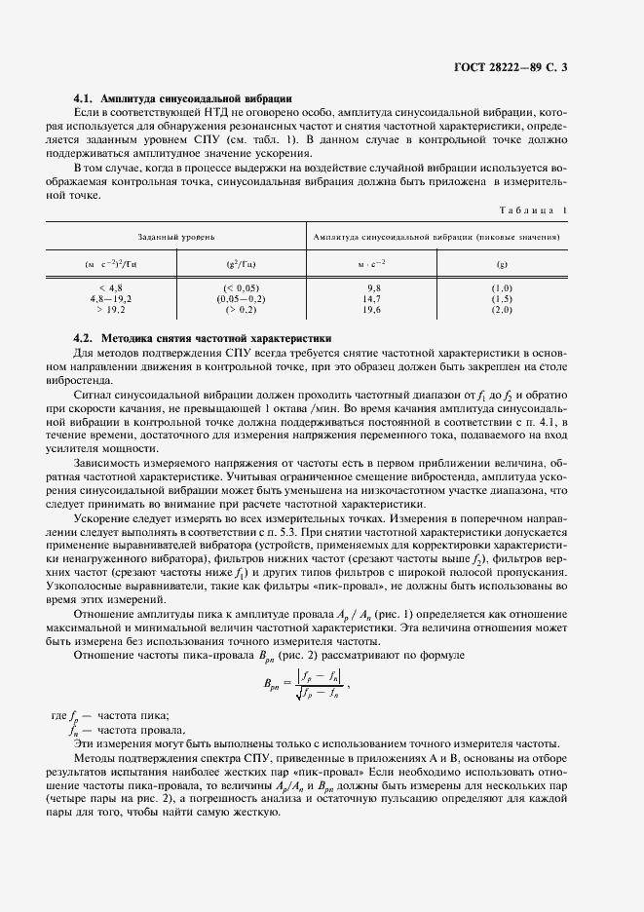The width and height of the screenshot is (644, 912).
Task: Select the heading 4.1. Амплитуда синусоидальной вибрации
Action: (183, 99)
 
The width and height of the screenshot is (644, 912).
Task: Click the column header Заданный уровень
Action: (176, 237)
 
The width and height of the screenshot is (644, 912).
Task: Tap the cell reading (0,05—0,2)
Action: (242, 298)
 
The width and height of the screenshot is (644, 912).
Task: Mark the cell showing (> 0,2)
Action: (242, 309)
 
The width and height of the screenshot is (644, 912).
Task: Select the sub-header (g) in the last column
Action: (502, 264)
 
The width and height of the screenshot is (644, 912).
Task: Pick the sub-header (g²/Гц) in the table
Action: (242, 264)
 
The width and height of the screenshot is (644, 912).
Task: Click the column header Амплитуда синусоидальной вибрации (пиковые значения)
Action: (438, 237)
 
